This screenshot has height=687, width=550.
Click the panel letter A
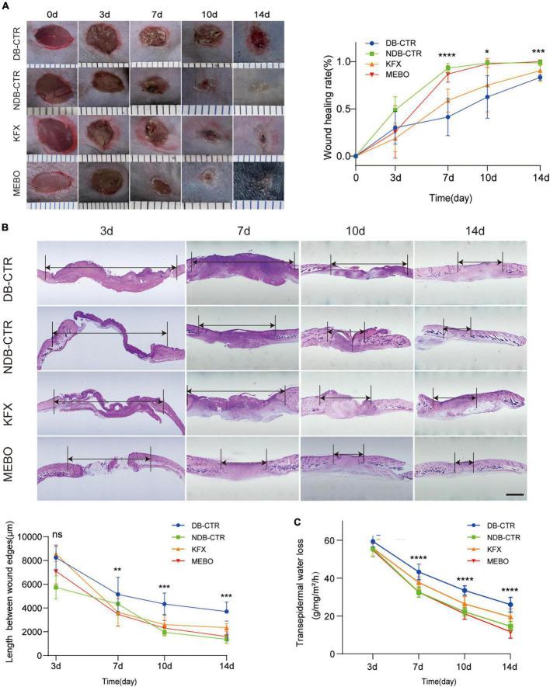tap(8, 5)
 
